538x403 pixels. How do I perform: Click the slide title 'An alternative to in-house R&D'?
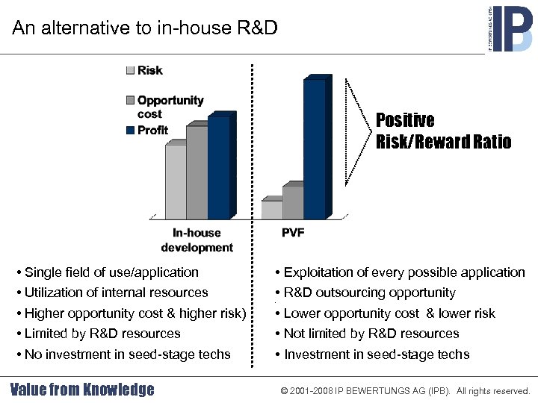point(145,28)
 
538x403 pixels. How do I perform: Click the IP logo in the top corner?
point(510,28)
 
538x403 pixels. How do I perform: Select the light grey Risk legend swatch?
point(131,71)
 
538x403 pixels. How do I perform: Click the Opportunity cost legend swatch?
point(131,101)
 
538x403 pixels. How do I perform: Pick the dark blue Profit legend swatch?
point(131,131)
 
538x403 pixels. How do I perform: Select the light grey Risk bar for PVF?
point(271,210)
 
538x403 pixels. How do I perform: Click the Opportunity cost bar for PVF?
point(292,202)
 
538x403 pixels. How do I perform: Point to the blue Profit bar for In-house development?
point(219,167)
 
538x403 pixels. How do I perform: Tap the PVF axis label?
point(293,233)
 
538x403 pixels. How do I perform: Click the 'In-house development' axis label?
point(197,240)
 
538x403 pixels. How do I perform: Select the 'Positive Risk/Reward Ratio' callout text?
point(443,131)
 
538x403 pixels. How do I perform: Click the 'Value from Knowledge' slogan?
point(82,390)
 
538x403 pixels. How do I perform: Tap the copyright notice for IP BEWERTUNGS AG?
point(405,391)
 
